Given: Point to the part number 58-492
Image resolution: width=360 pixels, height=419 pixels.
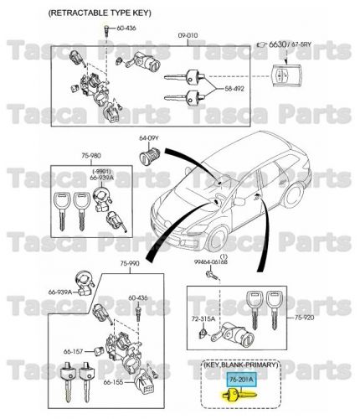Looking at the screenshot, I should click(237, 86).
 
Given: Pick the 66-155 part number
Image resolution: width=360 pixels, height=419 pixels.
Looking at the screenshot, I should click(115, 382).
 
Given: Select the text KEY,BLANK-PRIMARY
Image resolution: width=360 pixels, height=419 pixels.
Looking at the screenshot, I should click(242, 366).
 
